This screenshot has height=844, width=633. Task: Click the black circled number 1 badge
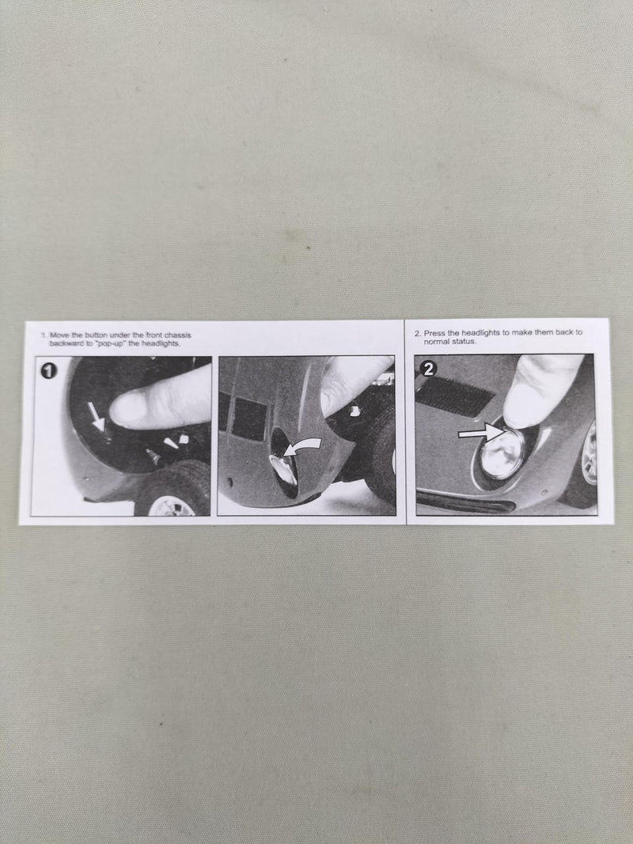click(x=49, y=371)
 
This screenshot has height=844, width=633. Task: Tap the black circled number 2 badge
click(x=429, y=368)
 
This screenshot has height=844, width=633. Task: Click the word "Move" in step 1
click(x=59, y=335)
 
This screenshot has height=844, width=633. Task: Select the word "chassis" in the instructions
click(x=177, y=335)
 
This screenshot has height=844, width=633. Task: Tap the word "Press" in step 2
click(x=434, y=333)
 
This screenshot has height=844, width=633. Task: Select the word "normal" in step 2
click(x=435, y=341)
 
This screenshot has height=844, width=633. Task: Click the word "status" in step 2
click(x=463, y=341)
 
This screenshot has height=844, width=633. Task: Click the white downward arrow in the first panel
click(x=97, y=418)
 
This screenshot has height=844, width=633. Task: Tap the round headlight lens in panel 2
click(x=502, y=452)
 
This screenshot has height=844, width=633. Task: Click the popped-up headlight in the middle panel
click(x=284, y=469)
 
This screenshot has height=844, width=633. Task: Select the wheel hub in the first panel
click(x=171, y=506)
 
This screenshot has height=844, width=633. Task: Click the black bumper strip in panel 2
click(x=465, y=501)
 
